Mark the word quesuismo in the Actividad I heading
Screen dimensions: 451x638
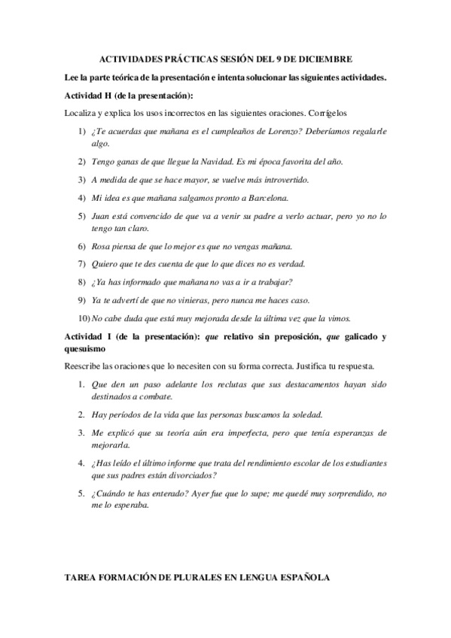tap(86, 349)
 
